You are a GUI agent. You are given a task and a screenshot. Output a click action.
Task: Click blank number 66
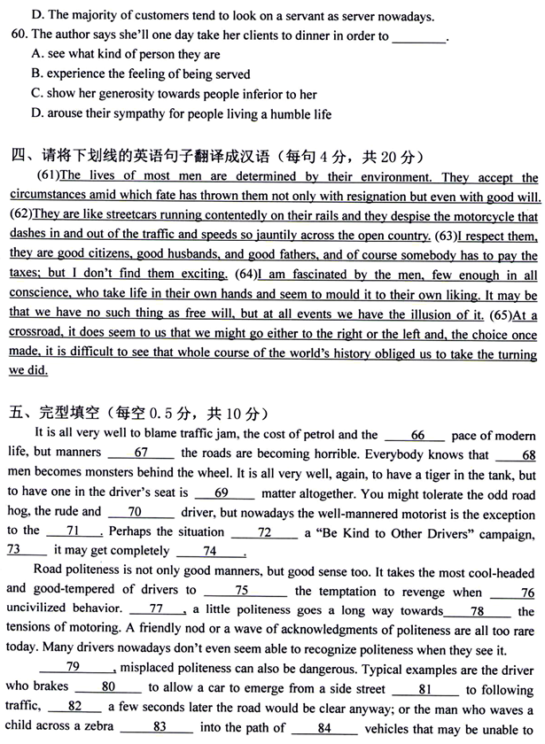coord(416,434)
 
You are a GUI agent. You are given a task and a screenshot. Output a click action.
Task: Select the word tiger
coord(417,473)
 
